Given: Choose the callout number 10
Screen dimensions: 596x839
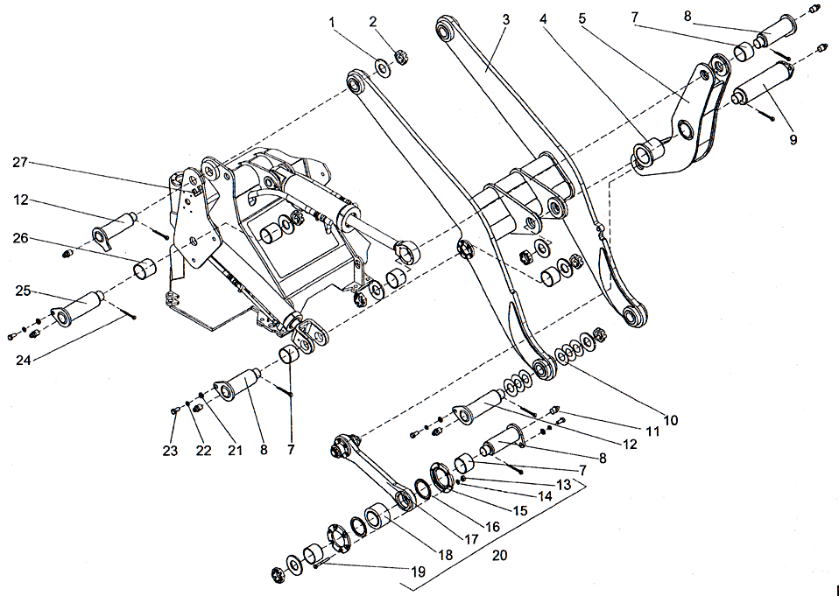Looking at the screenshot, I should (x=670, y=420).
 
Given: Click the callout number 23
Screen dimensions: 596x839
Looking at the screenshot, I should (x=171, y=452).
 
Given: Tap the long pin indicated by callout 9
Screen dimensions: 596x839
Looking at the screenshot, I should (x=764, y=90).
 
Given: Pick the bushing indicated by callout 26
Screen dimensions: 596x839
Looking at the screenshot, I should (x=145, y=267).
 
